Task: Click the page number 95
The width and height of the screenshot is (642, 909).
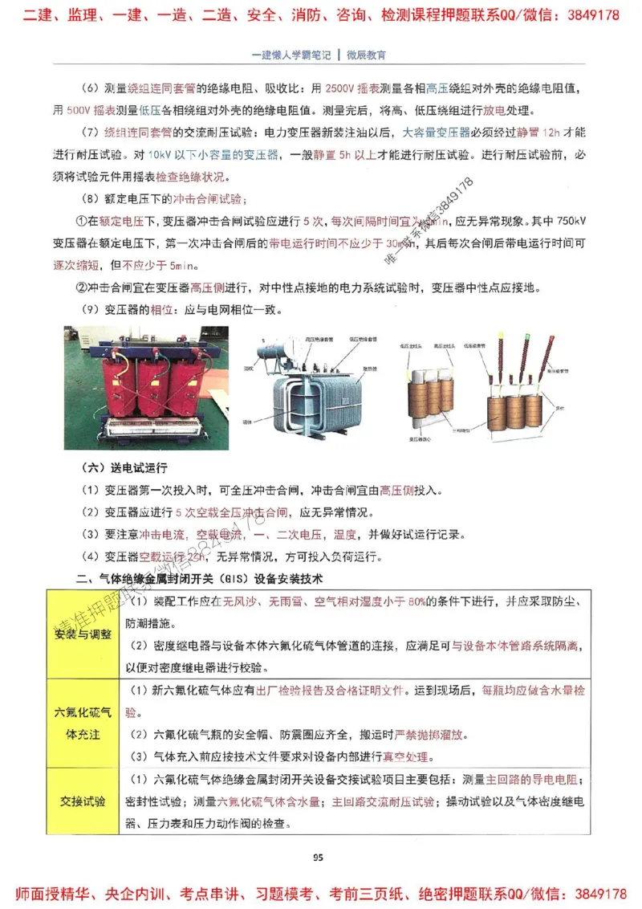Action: point(318,857)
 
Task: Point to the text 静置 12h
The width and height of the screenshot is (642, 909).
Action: point(533,132)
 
